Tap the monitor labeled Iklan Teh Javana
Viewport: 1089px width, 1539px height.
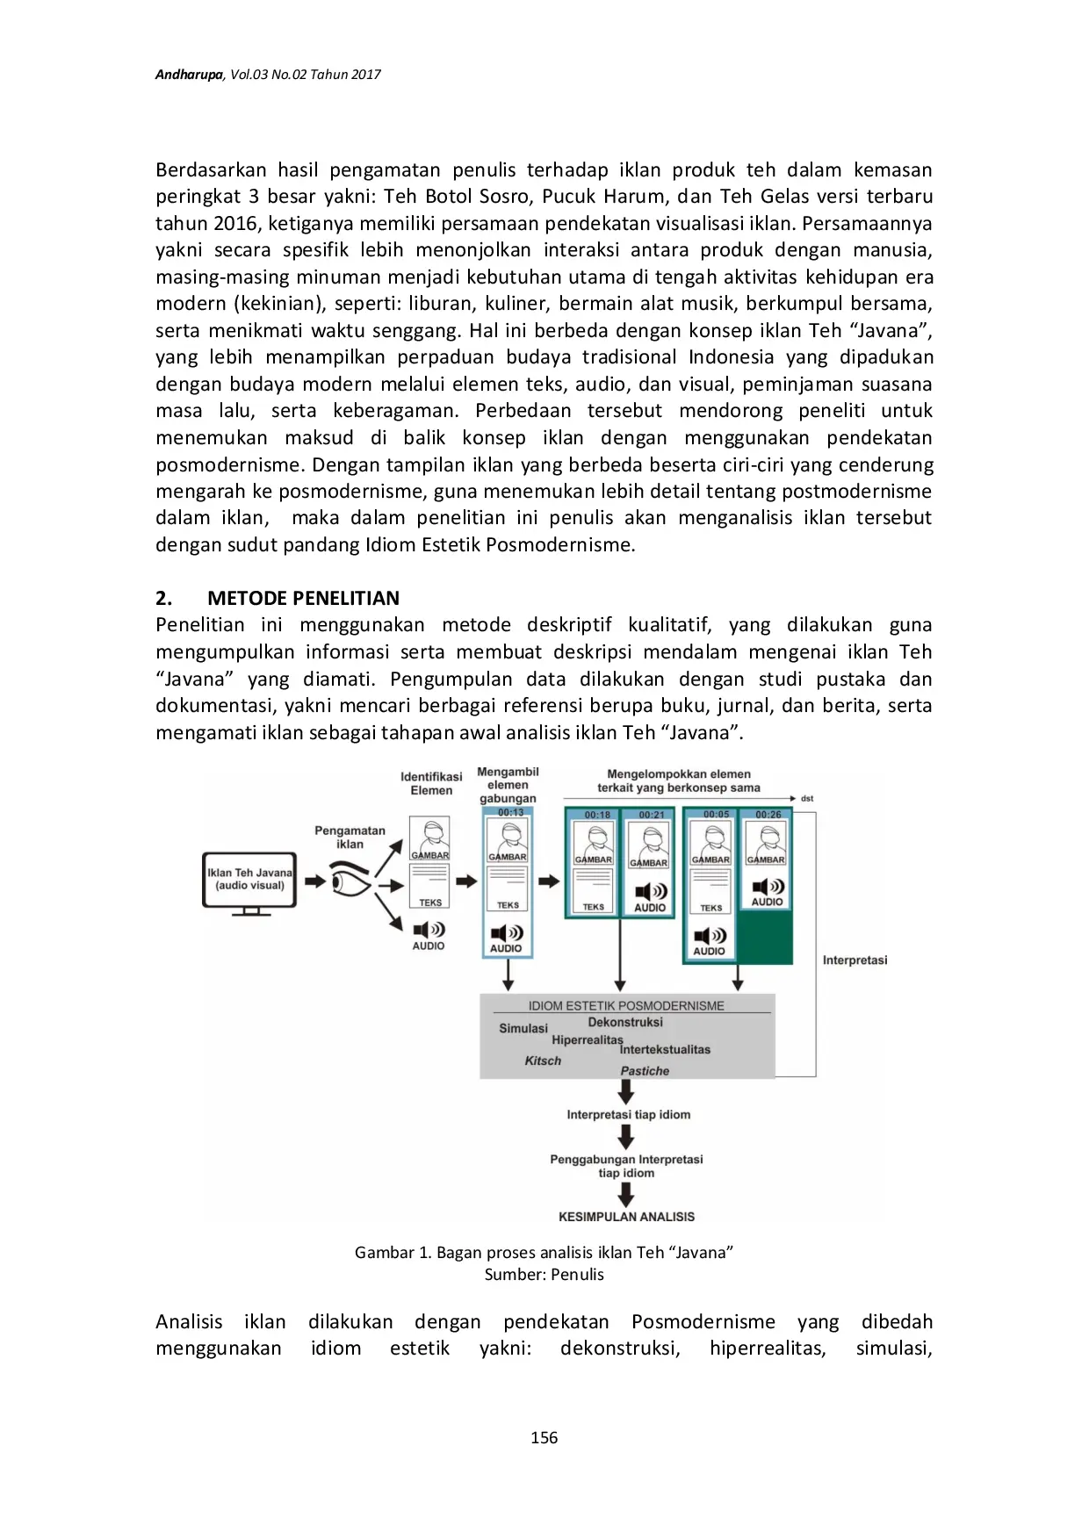(250, 881)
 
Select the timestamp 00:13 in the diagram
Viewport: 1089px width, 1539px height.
(510, 812)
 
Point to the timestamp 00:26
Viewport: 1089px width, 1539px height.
(768, 815)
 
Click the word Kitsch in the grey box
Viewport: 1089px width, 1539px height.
(543, 1061)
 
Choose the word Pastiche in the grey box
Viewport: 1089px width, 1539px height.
(645, 1071)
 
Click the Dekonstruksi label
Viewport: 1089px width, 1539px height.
(625, 1022)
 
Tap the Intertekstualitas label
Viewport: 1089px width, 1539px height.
(665, 1049)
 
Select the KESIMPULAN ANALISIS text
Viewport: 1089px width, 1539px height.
(626, 1217)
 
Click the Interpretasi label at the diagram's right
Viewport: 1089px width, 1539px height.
(855, 960)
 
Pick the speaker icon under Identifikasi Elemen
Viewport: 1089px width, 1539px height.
(429, 930)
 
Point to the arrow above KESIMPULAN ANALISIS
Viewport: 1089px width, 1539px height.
(626, 1194)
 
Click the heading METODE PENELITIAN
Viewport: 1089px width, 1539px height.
(303, 598)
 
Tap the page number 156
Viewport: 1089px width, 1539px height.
(544, 1437)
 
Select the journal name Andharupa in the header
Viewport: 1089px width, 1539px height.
(189, 75)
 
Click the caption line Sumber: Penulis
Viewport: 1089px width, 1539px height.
(544, 1274)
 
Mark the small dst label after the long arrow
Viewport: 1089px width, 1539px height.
(807, 799)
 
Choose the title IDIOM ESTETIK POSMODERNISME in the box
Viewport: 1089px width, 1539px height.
(626, 1006)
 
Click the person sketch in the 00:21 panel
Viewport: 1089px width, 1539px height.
(650, 840)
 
